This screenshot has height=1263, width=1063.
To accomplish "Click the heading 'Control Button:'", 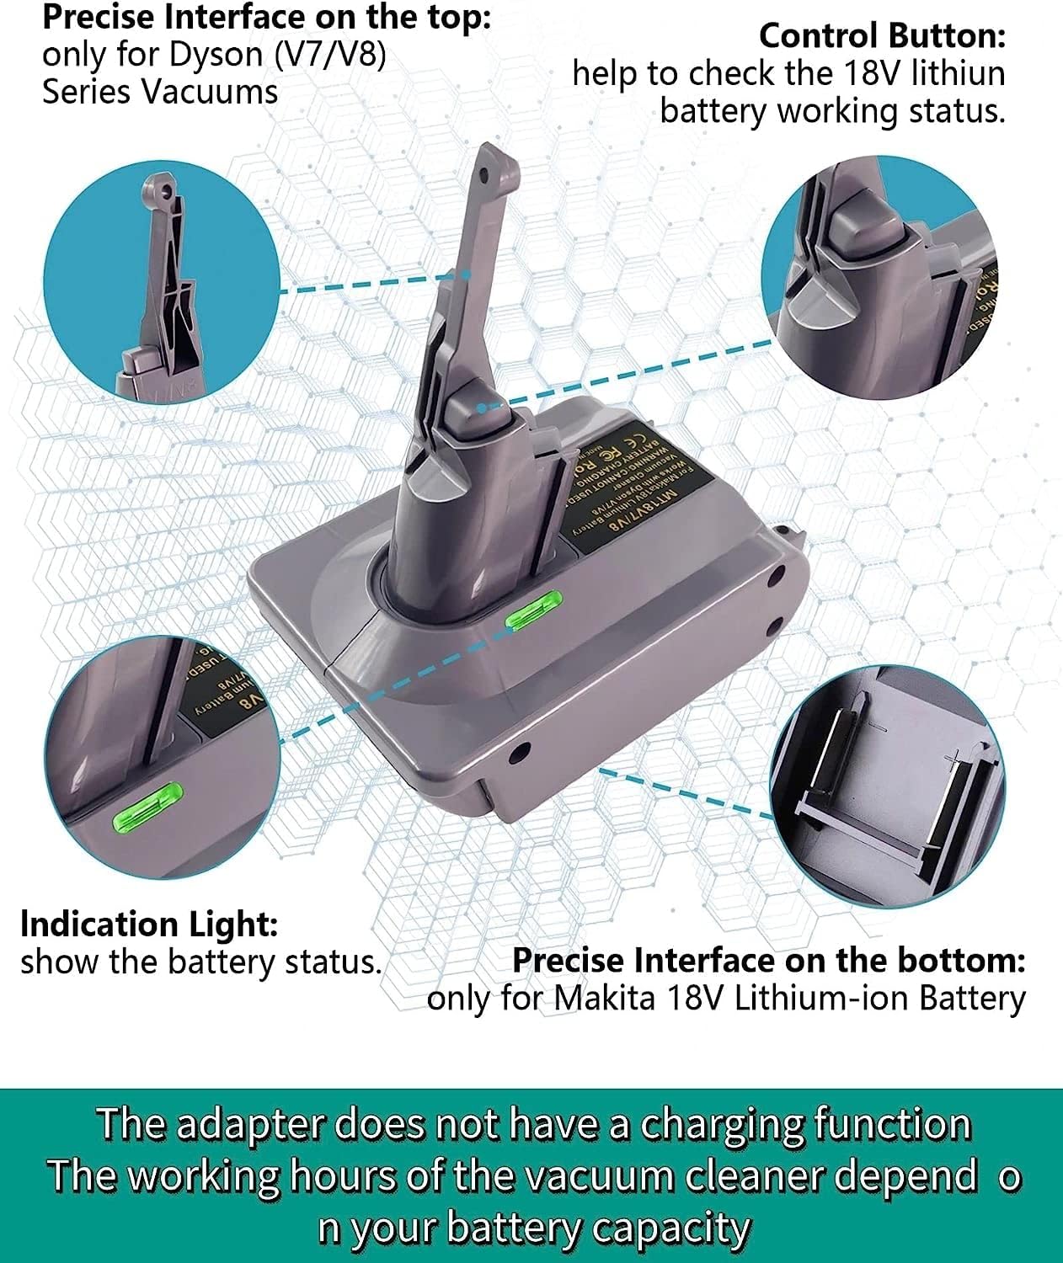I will coord(882,36).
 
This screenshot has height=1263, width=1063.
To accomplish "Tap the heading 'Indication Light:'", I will coord(148,925).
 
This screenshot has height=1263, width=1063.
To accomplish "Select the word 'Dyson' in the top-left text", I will coord(216,55).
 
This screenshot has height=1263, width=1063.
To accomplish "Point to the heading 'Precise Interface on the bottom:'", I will coord(768,961).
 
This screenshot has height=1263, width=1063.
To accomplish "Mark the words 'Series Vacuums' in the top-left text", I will coord(159,92).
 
